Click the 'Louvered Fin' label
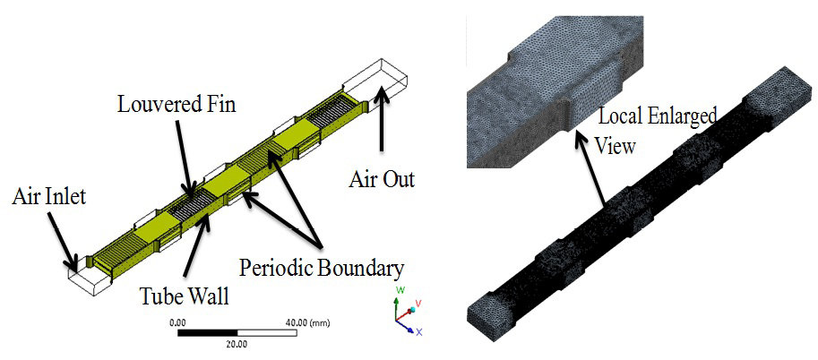coord(177,105)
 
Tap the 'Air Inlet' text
coord(49,195)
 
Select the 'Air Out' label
coord(382,179)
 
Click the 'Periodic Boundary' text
coord(321,267)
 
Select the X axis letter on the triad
coord(418,332)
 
